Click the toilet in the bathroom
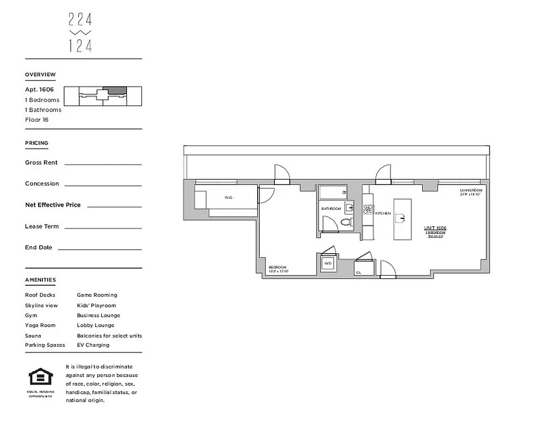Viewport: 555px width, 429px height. [346, 221]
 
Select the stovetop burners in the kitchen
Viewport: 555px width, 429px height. [368, 206]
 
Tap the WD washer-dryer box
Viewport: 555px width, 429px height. [328, 264]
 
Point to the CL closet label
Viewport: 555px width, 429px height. [358, 272]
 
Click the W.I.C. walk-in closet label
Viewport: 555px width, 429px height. [229, 197]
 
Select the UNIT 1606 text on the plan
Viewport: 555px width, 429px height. [435, 228]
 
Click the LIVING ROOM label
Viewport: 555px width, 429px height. [471, 191]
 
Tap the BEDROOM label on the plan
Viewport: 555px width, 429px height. [278, 268]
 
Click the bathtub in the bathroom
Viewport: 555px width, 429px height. [333, 192]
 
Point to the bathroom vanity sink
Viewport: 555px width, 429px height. [349, 208]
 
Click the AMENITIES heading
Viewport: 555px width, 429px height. [40, 280]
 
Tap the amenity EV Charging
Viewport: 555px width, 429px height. [93, 345]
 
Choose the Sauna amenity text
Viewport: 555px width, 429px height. [33, 336]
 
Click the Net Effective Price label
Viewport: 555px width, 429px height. [52, 205]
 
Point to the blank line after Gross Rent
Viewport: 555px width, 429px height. [103, 164]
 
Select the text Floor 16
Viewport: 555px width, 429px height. [36, 120]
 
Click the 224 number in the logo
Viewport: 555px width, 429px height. [80, 20]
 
